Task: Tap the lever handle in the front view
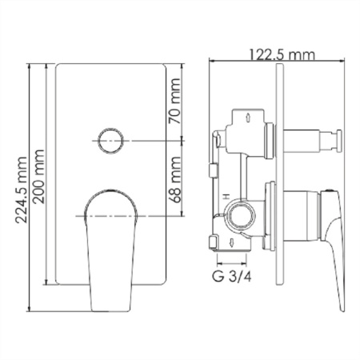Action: click(x=110, y=240)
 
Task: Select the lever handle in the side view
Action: click(x=333, y=240)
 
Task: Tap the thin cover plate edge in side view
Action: click(x=280, y=184)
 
